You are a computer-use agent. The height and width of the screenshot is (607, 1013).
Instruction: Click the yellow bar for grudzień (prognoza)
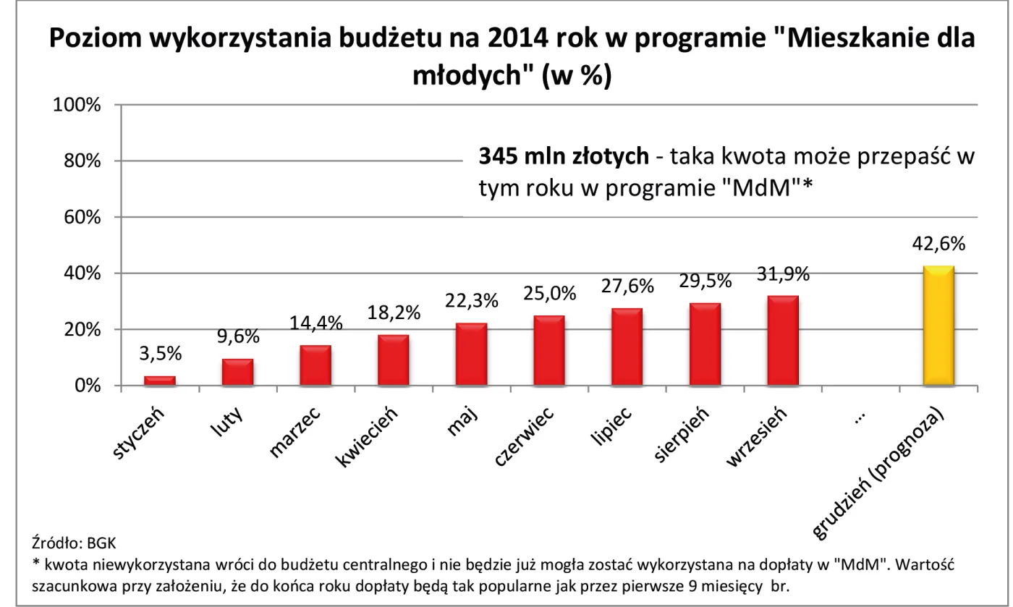coord(938,326)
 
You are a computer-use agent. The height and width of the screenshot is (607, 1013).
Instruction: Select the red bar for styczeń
coord(160,381)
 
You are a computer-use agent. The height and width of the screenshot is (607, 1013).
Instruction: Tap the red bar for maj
coord(471,355)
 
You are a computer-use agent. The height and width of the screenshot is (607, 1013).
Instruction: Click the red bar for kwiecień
coord(394,360)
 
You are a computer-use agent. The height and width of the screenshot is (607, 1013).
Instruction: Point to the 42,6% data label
coord(938,245)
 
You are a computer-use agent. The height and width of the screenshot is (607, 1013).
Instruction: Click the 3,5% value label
coord(160,355)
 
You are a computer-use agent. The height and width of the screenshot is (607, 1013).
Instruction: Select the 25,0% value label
coord(549,294)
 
